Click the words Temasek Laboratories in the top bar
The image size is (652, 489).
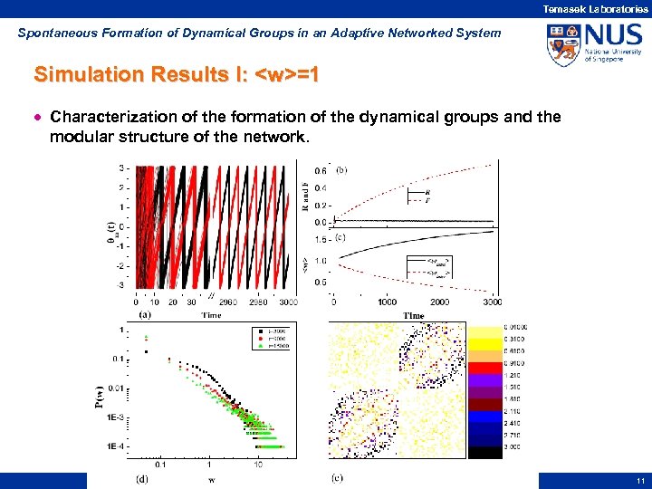[595, 8]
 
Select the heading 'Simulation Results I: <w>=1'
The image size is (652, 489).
[175, 73]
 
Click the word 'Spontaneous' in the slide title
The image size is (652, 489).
[55, 33]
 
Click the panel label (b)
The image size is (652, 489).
[340, 169]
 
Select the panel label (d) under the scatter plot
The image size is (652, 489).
[143, 477]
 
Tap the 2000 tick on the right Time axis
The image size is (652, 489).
[440, 302]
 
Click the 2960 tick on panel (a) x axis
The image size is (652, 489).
[227, 303]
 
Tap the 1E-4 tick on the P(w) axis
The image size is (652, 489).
[116, 446]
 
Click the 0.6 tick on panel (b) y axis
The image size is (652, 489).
[320, 170]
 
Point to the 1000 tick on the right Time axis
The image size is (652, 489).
[387, 302]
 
